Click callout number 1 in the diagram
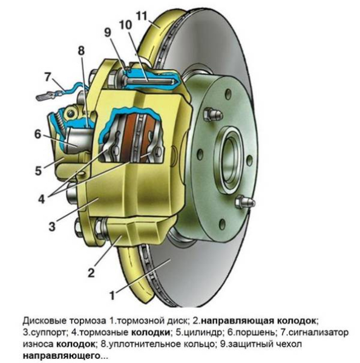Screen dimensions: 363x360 coord(112,296)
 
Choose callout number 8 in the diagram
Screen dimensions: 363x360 coord(81,51)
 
